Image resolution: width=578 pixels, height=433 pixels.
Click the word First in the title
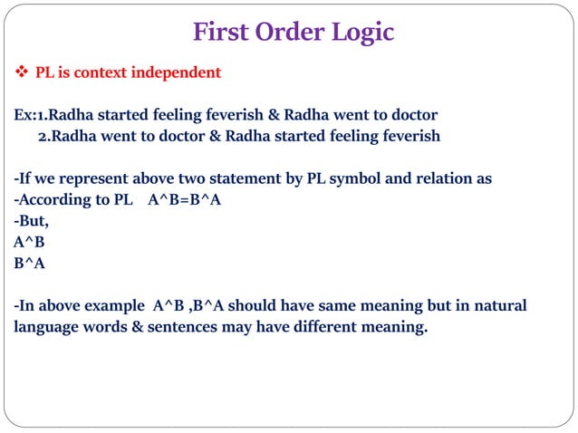pyautogui.click(x=222, y=33)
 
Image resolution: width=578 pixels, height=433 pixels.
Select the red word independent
pyautogui.click(x=177, y=72)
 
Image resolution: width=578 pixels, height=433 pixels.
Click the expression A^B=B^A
pyautogui.click(x=185, y=199)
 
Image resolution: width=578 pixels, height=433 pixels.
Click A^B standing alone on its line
pyautogui.click(x=29, y=242)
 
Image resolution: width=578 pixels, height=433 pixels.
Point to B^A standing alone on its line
pyautogui.click(x=29, y=264)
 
